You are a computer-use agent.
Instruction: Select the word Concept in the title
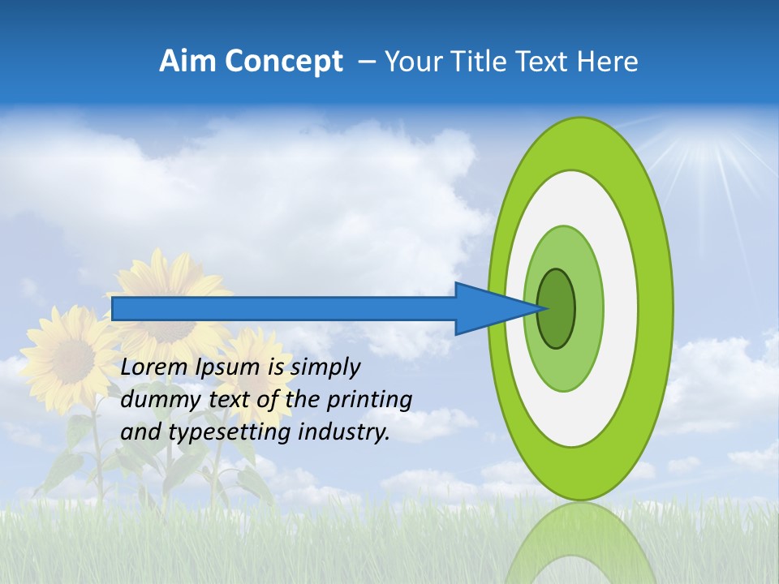[284, 62]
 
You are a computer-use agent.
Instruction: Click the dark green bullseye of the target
[557, 309]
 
